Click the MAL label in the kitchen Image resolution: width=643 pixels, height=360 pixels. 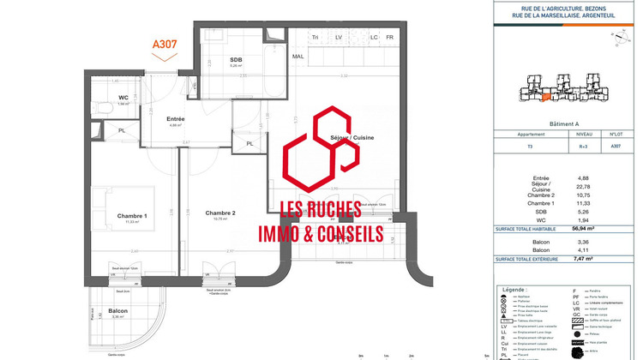tap(298, 57)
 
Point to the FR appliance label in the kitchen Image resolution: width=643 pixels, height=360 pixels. tap(389, 38)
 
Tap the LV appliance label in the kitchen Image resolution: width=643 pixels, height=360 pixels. tap(338, 38)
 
